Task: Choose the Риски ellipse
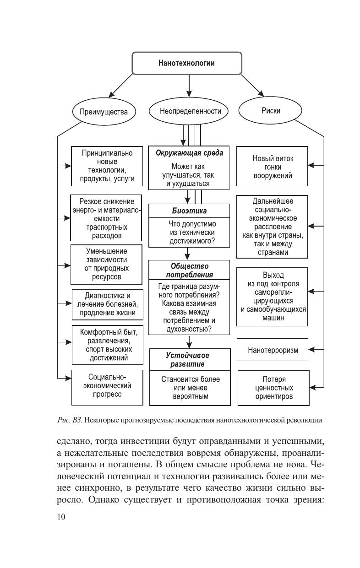[x=271, y=111]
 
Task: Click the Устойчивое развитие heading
[x=189, y=359]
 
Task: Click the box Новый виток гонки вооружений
[x=273, y=167]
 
